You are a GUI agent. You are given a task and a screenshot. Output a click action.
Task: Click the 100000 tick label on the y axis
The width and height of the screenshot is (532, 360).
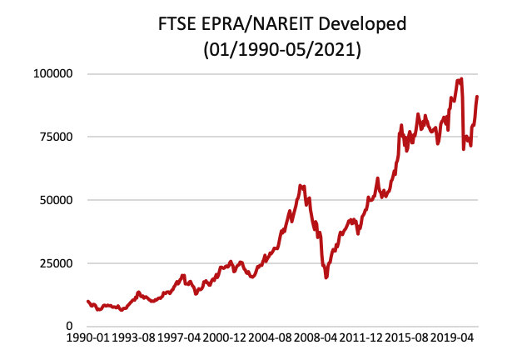point(51,73)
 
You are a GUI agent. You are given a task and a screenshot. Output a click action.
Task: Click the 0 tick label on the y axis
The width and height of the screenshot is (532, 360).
point(69,327)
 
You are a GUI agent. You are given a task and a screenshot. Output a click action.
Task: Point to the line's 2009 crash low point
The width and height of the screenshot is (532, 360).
point(326,277)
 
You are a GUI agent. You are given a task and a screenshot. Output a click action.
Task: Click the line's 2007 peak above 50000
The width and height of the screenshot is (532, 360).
point(301,186)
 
